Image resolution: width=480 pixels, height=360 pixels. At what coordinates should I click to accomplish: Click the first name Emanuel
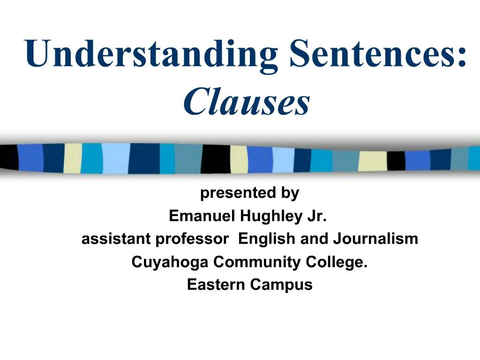[202, 216]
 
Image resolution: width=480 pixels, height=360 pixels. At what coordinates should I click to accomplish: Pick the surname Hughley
[270, 216]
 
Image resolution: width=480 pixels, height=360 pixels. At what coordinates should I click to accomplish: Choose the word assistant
[116, 239]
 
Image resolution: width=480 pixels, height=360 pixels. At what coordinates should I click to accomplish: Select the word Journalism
[375, 239]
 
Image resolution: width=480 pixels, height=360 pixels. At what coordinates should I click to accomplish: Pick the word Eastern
[216, 285]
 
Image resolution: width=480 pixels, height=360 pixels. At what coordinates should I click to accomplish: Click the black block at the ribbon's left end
[8, 157]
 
